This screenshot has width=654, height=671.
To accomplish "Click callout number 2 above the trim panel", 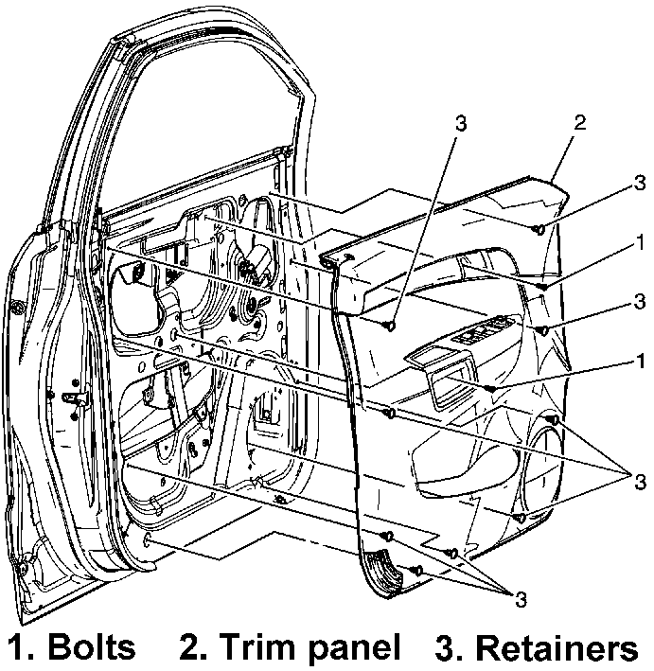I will (x=580, y=123).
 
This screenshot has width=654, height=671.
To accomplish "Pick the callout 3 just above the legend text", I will (x=519, y=598).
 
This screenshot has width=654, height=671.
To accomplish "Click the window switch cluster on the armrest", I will (x=482, y=332).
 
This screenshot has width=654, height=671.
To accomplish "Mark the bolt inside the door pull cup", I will (x=490, y=388).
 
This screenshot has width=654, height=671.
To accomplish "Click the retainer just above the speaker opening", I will (x=553, y=419).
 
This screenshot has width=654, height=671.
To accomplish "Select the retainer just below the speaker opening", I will (x=521, y=519).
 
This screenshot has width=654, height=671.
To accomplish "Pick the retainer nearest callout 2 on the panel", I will (x=539, y=228).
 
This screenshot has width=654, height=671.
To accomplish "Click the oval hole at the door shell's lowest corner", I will (x=150, y=540).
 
